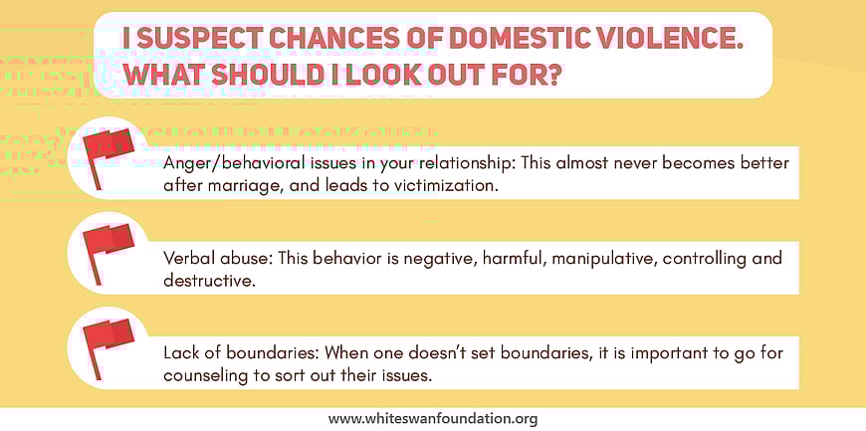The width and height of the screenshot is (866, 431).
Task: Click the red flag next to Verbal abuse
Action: click(x=107, y=248)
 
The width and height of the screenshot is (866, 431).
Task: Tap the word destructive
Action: click(x=207, y=281)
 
